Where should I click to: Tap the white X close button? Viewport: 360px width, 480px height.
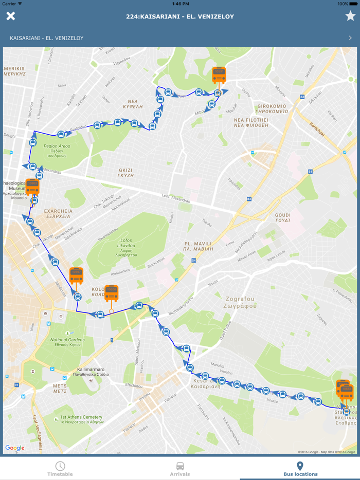click(x=10, y=16)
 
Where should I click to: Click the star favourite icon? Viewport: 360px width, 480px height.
click(x=350, y=16)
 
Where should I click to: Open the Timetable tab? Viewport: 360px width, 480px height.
click(x=60, y=468)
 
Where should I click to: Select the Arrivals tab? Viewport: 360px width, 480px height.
click(x=180, y=468)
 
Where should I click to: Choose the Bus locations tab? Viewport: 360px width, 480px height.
click(x=300, y=468)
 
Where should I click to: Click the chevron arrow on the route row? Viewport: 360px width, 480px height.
click(x=350, y=38)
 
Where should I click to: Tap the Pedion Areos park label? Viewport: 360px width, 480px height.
click(x=57, y=149)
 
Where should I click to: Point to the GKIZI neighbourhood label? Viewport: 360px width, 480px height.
click(x=126, y=172)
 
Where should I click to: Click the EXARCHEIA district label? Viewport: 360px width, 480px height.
click(x=58, y=213)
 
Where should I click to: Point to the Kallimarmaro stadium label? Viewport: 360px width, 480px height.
click(x=91, y=372)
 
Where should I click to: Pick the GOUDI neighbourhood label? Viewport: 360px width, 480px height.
click(x=282, y=217)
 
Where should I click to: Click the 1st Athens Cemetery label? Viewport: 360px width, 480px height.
click(x=81, y=419)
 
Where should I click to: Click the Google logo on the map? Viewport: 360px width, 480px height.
click(x=15, y=448)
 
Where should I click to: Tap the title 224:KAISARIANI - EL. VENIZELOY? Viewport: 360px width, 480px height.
click(x=180, y=16)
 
